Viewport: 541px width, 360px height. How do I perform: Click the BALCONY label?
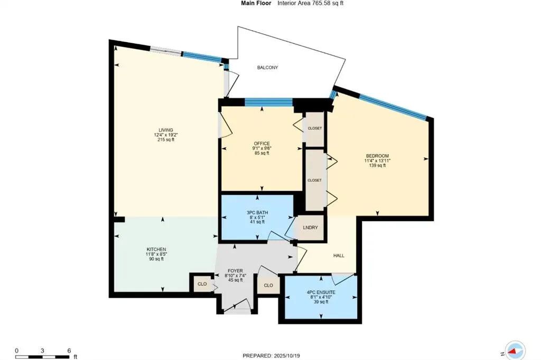[267, 68]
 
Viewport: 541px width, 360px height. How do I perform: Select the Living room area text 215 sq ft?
[166, 139]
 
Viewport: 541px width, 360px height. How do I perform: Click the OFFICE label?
[262, 144]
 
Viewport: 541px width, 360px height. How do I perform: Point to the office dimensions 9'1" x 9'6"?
[262, 148]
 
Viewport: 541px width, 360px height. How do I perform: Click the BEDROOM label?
[377, 156]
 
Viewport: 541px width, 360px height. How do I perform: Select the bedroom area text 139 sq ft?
[377, 165]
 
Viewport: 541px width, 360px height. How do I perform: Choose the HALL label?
[339, 255]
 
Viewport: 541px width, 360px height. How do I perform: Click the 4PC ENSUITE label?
[321, 292]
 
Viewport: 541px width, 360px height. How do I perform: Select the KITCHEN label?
[156, 249]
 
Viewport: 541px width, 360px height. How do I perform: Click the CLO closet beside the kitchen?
[202, 283]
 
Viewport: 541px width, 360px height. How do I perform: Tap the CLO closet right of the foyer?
[268, 285]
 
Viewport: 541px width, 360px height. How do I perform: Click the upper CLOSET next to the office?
[315, 128]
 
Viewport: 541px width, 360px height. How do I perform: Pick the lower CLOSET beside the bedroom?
[314, 180]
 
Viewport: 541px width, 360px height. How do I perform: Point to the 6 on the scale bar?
[69, 350]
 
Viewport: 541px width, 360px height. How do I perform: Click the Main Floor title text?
[256, 3]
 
